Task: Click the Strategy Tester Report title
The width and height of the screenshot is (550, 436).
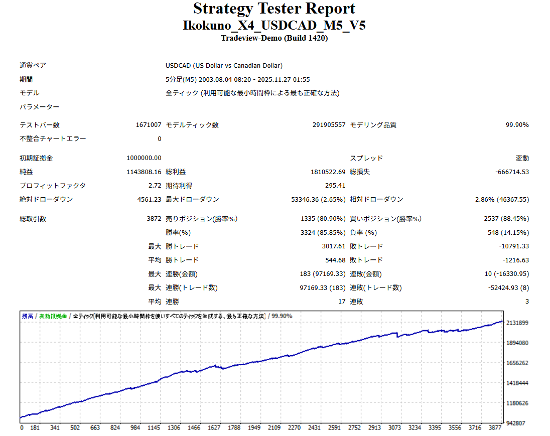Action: [x=274, y=9]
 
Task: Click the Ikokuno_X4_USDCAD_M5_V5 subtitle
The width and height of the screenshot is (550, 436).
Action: [x=274, y=25]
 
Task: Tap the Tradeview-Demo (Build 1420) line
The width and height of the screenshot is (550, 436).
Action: [x=274, y=38]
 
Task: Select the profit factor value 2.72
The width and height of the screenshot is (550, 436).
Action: [x=155, y=186]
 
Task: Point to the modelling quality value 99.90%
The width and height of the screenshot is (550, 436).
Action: [x=517, y=125]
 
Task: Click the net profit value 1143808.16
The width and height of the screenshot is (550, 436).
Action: [x=144, y=172]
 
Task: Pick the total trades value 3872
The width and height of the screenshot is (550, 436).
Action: [x=154, y=219]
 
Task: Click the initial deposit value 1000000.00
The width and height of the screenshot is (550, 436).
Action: [x=144, y=158]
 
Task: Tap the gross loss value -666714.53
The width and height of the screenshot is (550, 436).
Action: [x=511, y=172]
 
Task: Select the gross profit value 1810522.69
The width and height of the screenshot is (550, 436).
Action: [x=328, y=172]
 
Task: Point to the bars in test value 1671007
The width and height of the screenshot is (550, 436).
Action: [x=148, y=125]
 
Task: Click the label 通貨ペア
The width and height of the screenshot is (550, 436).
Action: [x=33, y=65]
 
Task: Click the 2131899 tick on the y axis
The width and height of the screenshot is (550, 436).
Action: [x=518, y=323]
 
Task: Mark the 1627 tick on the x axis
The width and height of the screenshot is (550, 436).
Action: [x=214, y=428]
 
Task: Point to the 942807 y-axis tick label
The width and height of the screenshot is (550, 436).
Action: [x=516, y=423]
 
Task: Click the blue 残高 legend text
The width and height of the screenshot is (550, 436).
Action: [x=28, y=316]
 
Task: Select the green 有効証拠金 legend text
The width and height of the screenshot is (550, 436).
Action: [x=53, y=316]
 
